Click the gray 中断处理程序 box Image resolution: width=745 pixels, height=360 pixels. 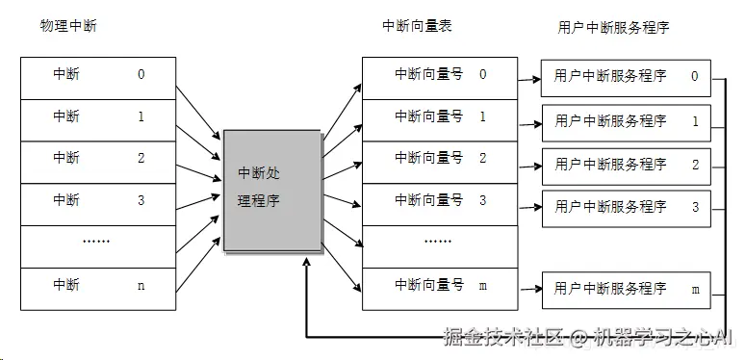pos(271,190)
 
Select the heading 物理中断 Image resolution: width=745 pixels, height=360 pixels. pos(68,25)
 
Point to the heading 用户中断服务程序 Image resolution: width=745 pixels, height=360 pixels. pos(613,27)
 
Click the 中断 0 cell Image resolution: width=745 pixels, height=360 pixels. pos(98,74)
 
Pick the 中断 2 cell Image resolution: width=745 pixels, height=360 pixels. pos(98,159)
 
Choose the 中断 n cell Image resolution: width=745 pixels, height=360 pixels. pos(98,286)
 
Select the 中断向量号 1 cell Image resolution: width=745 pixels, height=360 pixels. pos(440,116)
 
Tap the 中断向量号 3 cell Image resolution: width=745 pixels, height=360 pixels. pos(440,201)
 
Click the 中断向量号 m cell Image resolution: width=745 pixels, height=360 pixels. pos(440,286)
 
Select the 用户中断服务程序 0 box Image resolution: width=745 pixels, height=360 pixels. pos(626,77)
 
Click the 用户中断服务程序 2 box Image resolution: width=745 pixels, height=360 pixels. pos(626,165)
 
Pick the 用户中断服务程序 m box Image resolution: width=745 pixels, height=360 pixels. pos(626,289)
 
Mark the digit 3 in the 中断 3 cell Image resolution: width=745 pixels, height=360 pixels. pos(141,200)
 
